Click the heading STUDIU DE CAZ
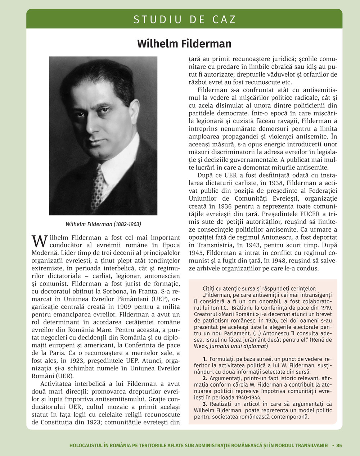(184, 19)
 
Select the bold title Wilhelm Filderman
(184, 44)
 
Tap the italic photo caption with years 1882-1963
(103, 224)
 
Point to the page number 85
(339, 445)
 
